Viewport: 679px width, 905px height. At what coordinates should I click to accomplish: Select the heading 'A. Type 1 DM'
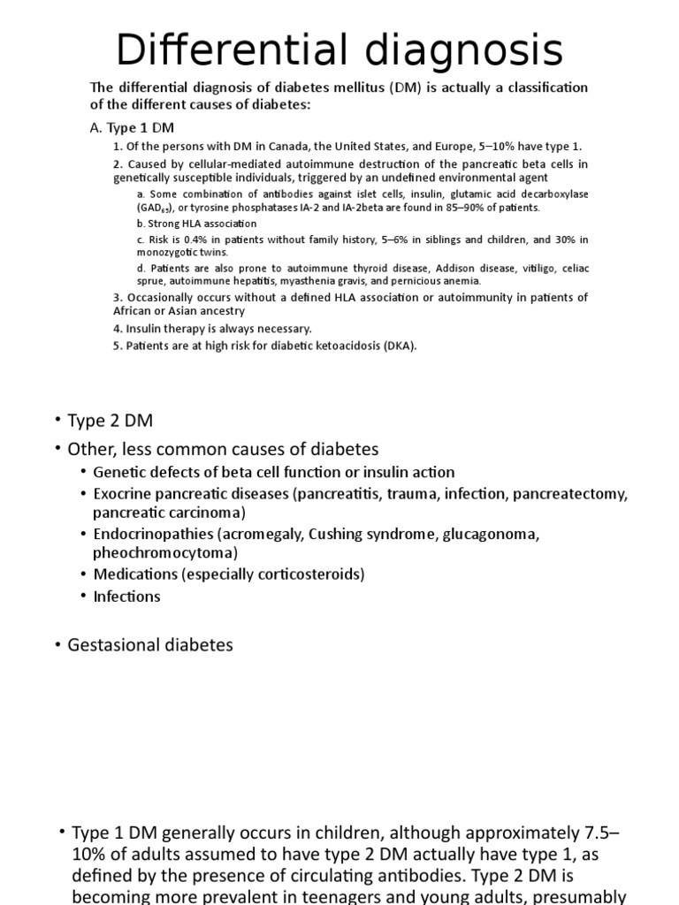coord(133,127)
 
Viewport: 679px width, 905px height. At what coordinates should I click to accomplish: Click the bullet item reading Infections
coord(126,597)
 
